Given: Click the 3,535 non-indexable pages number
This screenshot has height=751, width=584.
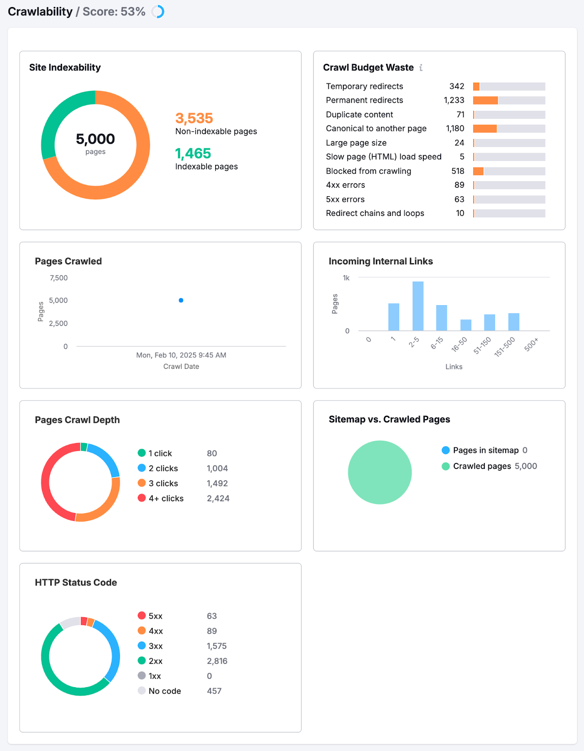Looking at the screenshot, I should click(194, 118).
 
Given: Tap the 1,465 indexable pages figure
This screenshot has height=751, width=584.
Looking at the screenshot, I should click(193, 153).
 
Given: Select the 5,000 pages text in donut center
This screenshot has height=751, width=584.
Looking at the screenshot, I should click(95, 139).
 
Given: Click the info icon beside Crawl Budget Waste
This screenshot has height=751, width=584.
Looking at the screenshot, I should click(421, 68).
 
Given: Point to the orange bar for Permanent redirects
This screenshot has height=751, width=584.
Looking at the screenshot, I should click(485, 100).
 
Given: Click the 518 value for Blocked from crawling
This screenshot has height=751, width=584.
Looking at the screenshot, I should click(458, 171).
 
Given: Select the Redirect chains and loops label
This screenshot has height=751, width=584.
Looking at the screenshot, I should click(375, 213).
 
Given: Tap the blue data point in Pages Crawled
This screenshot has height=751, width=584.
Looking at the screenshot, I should click(181, 300).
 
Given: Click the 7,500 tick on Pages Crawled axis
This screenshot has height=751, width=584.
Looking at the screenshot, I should click(59, 278).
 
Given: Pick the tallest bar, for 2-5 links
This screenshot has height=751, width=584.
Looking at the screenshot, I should click(418, 306).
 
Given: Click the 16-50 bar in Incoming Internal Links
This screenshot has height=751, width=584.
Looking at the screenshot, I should click(466, 325).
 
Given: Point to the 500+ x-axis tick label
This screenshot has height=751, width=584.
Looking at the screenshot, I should click(531, 345).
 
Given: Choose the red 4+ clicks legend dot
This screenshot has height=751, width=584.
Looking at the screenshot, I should click(141, 498).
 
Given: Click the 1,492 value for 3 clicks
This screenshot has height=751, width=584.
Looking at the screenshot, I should click(217, 483).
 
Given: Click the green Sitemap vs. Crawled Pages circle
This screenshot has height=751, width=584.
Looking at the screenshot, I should click(380, 472).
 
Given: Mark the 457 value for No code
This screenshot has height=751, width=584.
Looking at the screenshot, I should click(214, 691).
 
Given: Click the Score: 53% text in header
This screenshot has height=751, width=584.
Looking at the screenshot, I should click(114, 12).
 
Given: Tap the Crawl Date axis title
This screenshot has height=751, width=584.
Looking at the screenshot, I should click(181, 367).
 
